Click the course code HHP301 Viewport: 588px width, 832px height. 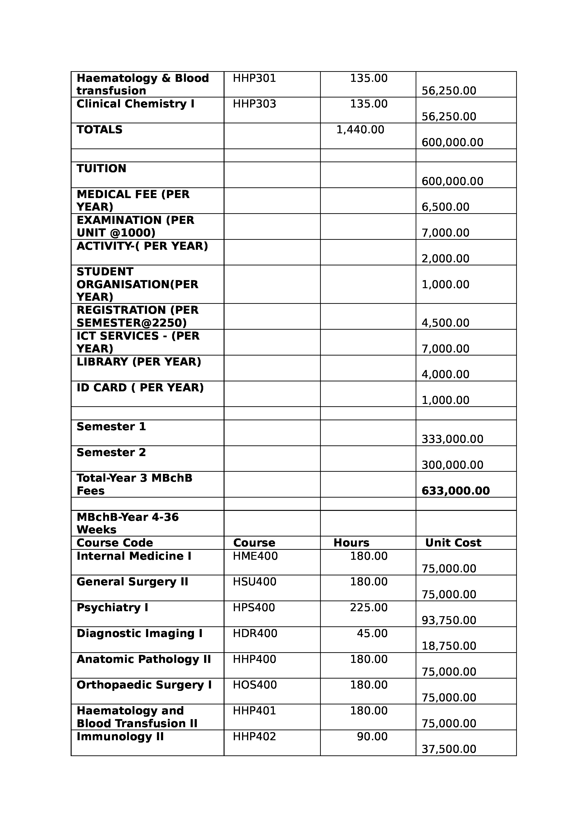[254, 78]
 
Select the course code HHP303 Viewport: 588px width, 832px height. [254, 104]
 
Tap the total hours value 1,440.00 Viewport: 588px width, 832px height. [360, 130]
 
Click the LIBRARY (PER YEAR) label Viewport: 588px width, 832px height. [139, 362]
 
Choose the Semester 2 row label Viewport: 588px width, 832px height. [111, 452]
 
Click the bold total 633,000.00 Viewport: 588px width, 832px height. [455, 491]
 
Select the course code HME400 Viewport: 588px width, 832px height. [255, 556]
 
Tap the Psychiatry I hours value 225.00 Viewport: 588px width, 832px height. [368, 607]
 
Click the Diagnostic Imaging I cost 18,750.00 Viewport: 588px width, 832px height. [449, 646]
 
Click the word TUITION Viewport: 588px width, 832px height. [101, 168]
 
